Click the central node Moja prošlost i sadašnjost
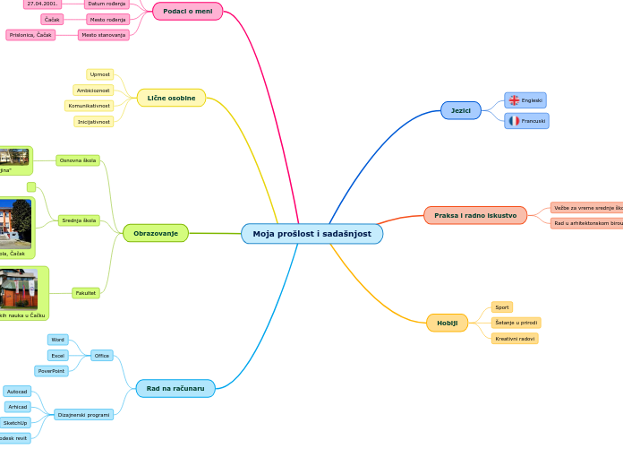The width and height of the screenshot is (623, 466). click(311, 234)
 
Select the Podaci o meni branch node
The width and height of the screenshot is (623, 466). click(187, 11)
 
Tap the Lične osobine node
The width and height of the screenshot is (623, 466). click(171, 98)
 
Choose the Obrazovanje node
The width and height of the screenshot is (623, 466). click(155, 233)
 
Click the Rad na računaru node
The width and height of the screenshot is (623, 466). click(175, 388)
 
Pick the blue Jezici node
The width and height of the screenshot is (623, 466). click(460, 110)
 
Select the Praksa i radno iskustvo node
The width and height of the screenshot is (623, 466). click(474, 215)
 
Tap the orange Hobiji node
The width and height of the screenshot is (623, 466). click(447, 323)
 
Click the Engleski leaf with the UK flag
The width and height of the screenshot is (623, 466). click(525, 100)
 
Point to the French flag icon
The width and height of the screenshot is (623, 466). click(514, 120)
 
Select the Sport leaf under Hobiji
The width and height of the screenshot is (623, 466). click(502, 306)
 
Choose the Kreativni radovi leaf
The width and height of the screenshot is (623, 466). click(515, 339)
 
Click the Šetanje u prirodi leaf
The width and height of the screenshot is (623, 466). click(516, 323)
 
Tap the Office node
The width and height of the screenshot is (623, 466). click(102, 356)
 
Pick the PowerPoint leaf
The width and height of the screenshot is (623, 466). click(51, 371)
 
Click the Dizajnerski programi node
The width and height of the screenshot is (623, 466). click(83, 415)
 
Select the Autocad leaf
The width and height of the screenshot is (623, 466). click(17, 392)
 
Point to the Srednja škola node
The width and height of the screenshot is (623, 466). click(79, 220)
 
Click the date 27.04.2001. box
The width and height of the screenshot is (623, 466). click(42, 4)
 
